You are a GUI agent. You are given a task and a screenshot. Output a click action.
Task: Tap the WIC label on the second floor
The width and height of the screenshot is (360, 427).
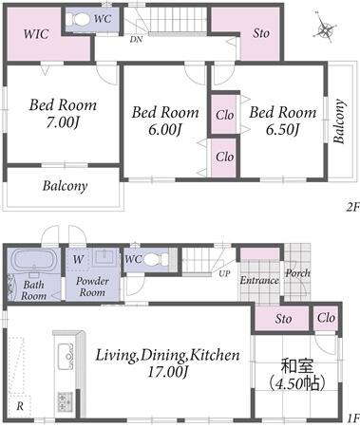pyautogui.click(x=36, y=34)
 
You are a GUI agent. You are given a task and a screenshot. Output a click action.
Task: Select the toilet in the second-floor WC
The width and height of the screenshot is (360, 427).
pyautogui.click(x=78, y=20)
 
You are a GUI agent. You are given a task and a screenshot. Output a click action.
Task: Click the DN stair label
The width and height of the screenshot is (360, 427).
pyautogui.click(x=136, y=40)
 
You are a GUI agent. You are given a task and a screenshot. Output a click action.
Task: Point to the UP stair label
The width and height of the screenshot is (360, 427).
pyautogui.click(x=224, y=273)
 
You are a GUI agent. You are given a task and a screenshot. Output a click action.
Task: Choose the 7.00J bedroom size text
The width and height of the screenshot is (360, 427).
pyautogui.click(x=62, y=122)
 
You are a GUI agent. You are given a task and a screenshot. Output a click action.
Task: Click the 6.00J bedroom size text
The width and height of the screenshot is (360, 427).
pyautogui.click(x=165, y=130)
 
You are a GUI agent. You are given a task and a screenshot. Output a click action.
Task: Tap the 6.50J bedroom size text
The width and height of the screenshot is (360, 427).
pyautogui.click(x=282, y=130)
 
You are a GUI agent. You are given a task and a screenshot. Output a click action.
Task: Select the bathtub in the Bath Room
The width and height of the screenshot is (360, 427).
pyautogui.click(x=31, y=260)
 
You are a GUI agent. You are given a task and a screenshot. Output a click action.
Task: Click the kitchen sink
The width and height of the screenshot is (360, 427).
pyautogui.click(x=66, y=357)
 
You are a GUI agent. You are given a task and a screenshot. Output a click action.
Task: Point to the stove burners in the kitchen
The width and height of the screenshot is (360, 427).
pyautogui.click(x=66, y=401)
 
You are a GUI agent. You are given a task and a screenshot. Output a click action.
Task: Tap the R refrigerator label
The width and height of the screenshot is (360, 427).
pyautogui.click(x=20, y=406)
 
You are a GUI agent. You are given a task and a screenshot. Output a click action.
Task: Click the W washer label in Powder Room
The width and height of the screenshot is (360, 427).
pyautogui.click(x=78, y=260)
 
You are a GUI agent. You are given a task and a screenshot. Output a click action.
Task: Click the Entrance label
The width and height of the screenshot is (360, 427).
pyautogui.click(x=259, y=280)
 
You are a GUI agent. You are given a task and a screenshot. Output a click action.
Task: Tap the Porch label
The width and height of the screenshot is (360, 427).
pyautogui.click(x=297, y=273)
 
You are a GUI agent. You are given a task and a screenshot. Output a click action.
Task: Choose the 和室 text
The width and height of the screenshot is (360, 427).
pyautogui.click(x=296, y=366)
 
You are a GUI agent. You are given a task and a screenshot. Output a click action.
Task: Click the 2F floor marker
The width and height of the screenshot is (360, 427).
pyautogui.click(x=353, y=207)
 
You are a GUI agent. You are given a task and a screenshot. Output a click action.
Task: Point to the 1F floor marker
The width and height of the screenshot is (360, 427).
pyautogui.click(x=353, y=418)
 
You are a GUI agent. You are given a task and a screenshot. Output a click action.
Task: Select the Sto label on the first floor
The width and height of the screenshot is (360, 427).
pyautogui.click(x=283, y=319)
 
